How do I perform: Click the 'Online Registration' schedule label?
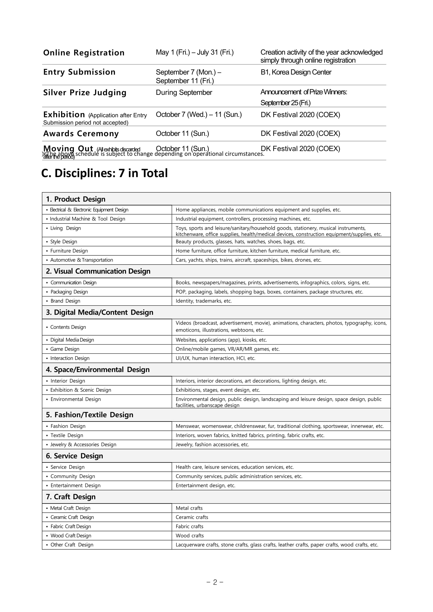[x=84, y=53]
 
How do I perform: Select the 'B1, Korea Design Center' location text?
[x=296, y=72]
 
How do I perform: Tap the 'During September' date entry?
[x=184, y=92]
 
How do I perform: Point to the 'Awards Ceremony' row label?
[x=81, y=134]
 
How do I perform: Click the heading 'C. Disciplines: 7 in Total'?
[x=104, y=173]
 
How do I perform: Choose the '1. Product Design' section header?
[x=75, y=199]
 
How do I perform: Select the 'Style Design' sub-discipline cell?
[x=63, y=242]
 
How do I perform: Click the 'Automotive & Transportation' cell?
[x=81, y=260]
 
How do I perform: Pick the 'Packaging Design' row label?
[x=69, y=292]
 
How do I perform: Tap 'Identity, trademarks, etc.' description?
[x=204, y=301]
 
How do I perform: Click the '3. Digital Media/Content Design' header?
[x=100, y=312]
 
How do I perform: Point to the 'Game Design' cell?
[x=65, y=349]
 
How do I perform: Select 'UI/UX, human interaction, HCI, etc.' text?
[x=215, y=358]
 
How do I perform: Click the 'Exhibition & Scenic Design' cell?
[x=80, y=390]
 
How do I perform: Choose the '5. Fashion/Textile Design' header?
[x=89, y=415]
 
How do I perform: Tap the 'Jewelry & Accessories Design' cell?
[x=83, y=445]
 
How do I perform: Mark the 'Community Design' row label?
[x=73, y=476]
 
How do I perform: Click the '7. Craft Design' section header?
[x=71, y=497]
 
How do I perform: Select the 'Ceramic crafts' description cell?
[x=192, y=517]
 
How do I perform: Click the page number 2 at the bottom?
[x=215, y=582]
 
